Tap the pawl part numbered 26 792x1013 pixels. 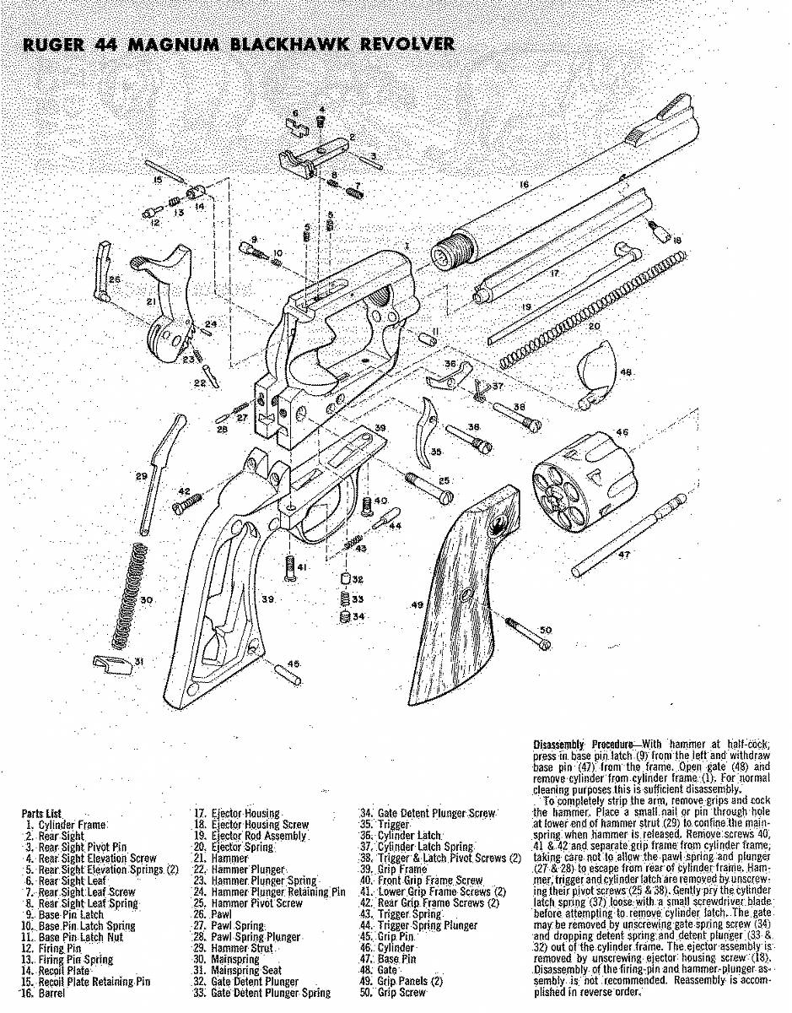coord(104,270)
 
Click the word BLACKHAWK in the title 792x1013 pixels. coord(287,44)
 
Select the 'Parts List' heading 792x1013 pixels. coord(41,814)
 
